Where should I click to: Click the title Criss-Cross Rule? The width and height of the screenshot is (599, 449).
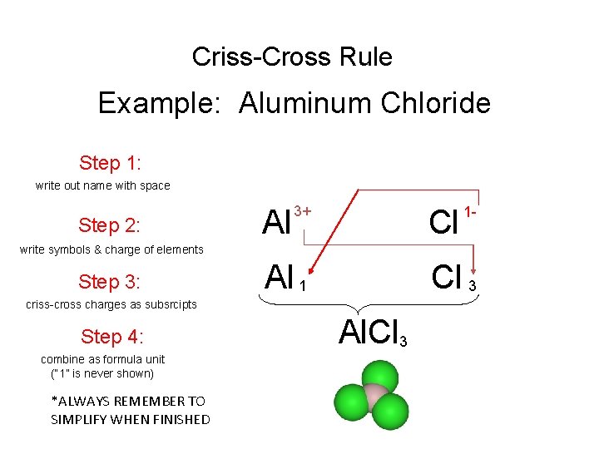[x=292, y=57]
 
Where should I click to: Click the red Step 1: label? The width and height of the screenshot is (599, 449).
[x=111, y=162]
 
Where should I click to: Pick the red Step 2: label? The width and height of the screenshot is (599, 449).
[x=109, y=225]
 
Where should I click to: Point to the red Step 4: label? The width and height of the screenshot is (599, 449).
[x=112, y=336]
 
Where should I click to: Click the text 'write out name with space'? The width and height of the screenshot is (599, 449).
[x=102, y=185]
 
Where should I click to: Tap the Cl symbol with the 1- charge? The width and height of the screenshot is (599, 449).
[x=444, y=223]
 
